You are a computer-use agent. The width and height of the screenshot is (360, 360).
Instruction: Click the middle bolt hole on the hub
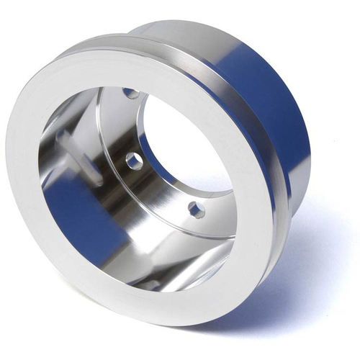point(134,161)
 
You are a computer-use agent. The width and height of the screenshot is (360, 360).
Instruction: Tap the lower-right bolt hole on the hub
point(196,210)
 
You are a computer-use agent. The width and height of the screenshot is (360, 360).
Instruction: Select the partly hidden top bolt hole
point(131,93)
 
